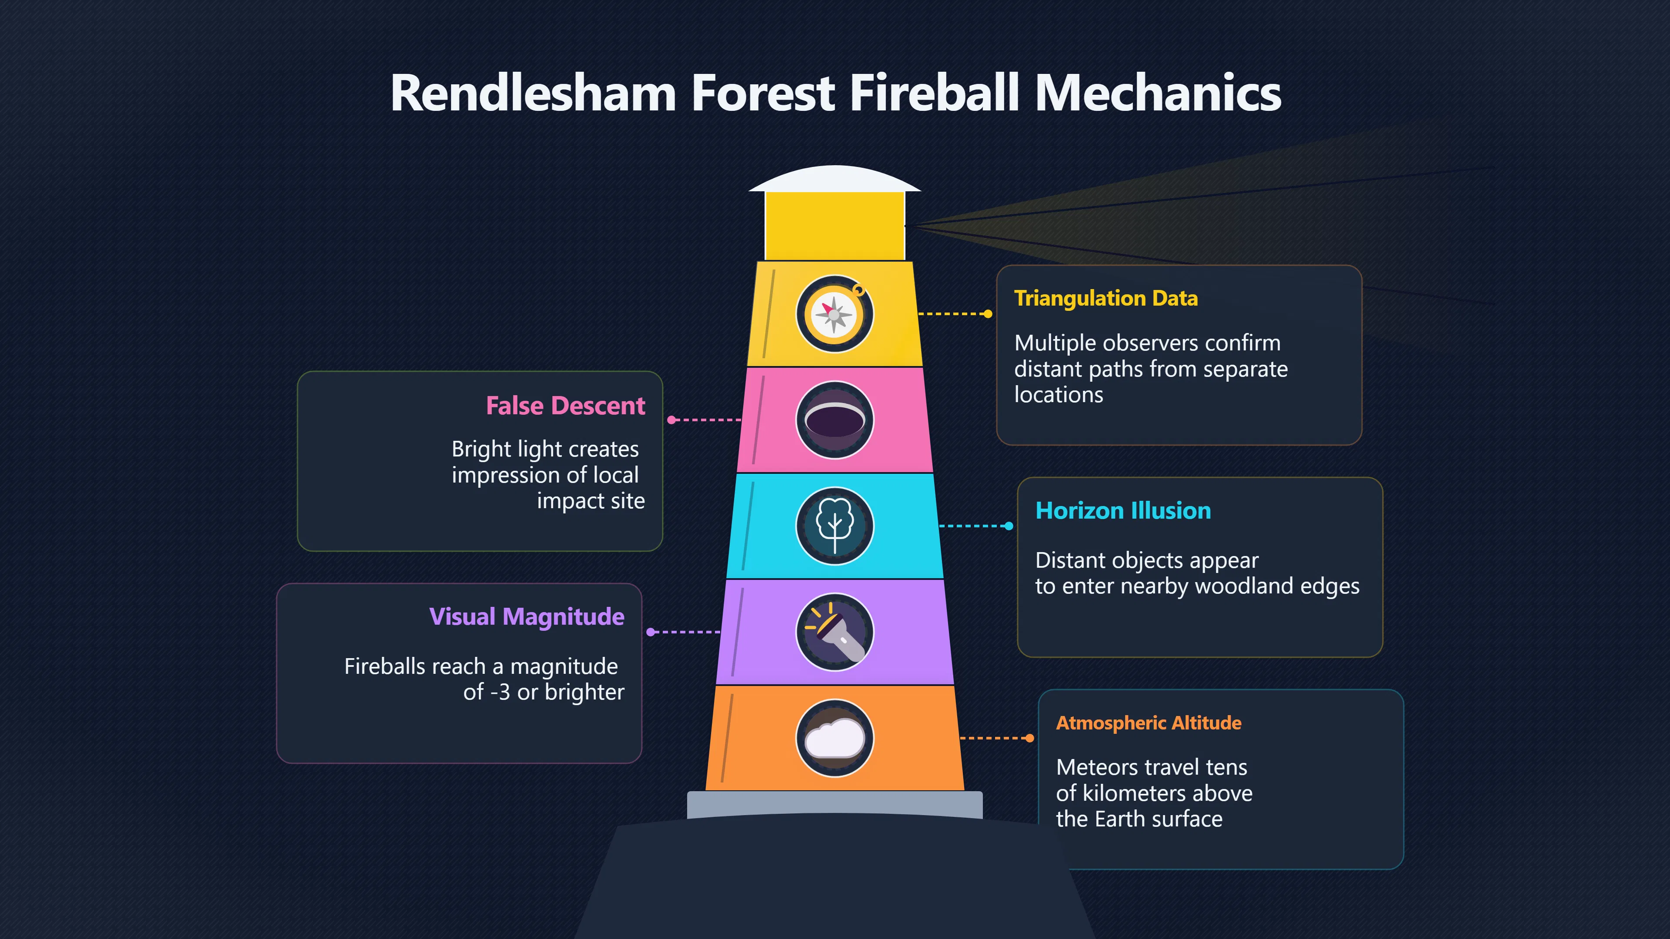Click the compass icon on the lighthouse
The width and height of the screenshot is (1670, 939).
(835, 314)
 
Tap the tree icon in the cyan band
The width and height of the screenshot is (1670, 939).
(835, 526)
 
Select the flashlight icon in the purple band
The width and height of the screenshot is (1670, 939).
(835, 632)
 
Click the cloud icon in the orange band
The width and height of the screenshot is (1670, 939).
(835, 738)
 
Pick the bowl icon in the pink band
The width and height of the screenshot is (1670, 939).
(835, 420)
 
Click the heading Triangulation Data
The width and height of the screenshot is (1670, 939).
(1106, 298)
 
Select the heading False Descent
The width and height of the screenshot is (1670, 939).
(565, 406)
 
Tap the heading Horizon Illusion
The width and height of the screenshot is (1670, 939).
(1123, 511)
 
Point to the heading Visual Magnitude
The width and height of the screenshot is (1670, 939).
(526, 617)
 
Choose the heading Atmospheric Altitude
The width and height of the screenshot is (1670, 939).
(1149, 723)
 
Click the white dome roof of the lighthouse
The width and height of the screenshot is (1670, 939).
(835, 179)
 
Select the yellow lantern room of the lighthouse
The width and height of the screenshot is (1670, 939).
(835, 226)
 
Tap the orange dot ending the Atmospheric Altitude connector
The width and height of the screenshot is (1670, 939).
(1029, 738)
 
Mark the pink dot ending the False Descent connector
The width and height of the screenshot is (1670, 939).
(671, 420)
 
